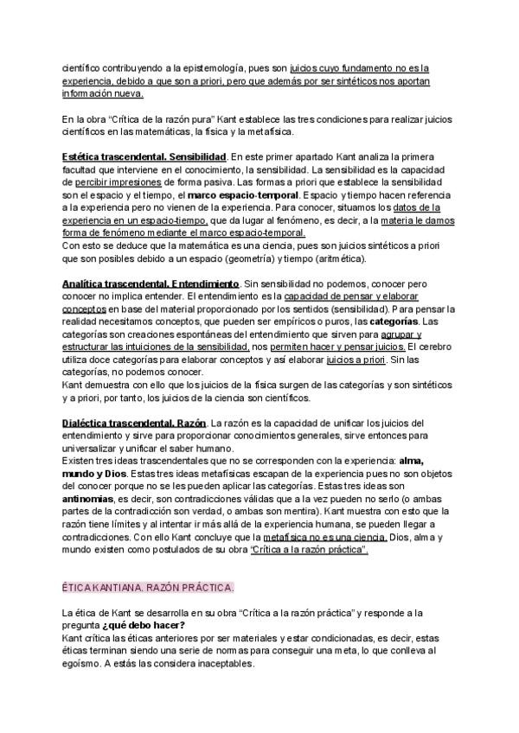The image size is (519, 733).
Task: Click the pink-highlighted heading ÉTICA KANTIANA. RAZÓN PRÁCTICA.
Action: [148, 588]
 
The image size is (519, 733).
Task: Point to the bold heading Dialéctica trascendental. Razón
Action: [134, 424]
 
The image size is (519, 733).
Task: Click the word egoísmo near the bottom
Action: [82, 664]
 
